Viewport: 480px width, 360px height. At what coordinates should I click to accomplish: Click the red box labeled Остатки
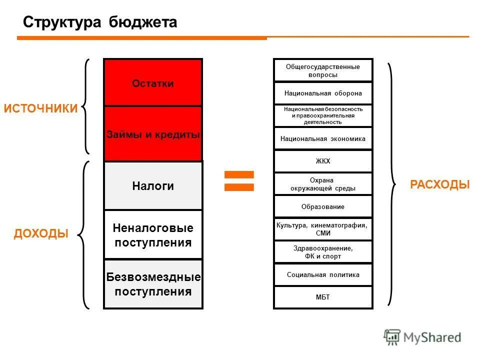pos(153,83)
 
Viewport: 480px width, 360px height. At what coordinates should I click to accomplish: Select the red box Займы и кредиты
pos(153,134)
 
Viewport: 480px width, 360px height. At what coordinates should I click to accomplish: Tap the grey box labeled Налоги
pos(153,186)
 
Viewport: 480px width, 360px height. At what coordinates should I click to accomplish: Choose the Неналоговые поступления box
pos(153,235)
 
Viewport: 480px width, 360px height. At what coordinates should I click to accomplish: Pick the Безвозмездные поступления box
pos(153,284)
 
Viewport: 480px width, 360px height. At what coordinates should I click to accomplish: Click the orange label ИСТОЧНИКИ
pos(41,109)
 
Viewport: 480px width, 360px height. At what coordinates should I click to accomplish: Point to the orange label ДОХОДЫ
pos(41,233)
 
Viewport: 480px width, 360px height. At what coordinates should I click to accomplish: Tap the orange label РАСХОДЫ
pos(440,184)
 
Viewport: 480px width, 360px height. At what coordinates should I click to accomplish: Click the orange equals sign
pos(239,180)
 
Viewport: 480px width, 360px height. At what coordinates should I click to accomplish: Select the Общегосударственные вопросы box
pos(323,70)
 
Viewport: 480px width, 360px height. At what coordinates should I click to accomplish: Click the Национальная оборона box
pos(323,93)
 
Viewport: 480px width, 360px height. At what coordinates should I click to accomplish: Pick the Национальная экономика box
pos(323,138)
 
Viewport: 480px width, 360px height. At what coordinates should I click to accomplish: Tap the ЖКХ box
pos(323,161)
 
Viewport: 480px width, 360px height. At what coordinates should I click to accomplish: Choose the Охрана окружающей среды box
pos(323,184)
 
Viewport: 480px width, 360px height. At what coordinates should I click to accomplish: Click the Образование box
pos(323,206)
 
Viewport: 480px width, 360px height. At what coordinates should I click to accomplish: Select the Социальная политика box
pos(323,274)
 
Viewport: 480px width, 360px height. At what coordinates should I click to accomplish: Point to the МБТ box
pos(323,297)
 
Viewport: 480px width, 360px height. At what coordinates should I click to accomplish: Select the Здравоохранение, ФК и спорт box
pos(323,252)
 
